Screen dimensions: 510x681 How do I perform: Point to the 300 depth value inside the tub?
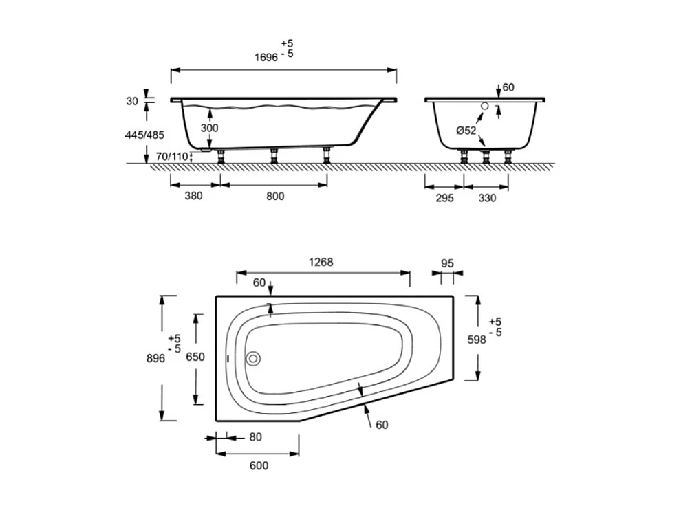(x=209, y=128)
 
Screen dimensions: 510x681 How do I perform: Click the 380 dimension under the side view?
(x=194, y=196)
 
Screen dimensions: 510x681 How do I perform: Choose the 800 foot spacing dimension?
(x=274, y=196)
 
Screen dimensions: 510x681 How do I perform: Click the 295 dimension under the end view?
(x=444, y=198)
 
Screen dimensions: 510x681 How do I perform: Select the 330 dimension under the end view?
(x=486, y=198)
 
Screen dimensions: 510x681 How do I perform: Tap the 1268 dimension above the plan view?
(x=321, y=262)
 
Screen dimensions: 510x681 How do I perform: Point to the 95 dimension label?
(x=447, y=263)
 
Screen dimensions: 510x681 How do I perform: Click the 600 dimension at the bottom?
(x=258, y=465)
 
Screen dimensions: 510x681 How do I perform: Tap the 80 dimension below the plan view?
(x=256, y=436)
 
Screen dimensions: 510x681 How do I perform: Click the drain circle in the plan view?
(x=254, y=358)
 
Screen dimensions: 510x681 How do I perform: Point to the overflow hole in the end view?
(x=485, y=107)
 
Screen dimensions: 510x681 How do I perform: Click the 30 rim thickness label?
(x=132, y=101)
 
